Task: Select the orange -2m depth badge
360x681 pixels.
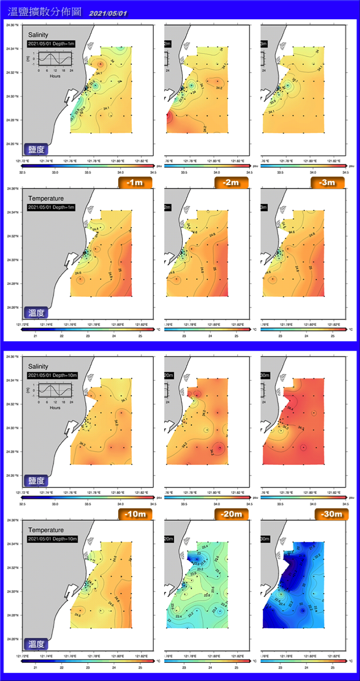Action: click(x=232, y=182)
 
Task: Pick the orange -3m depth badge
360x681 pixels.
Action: click(x=328, y=182)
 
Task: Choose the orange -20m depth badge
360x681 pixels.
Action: click(x=232, y=514)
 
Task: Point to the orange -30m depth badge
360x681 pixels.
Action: click(x=328, y=514)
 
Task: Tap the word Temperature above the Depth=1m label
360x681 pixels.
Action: click(x=44, y=199)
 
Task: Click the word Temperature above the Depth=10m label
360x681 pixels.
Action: click(x=44, y=531)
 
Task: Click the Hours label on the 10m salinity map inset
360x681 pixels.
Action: click(x=55, y=407)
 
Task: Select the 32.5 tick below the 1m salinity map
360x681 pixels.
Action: click(x=23, y=172)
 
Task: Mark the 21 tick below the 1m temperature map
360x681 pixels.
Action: click(x=36, y=336)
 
